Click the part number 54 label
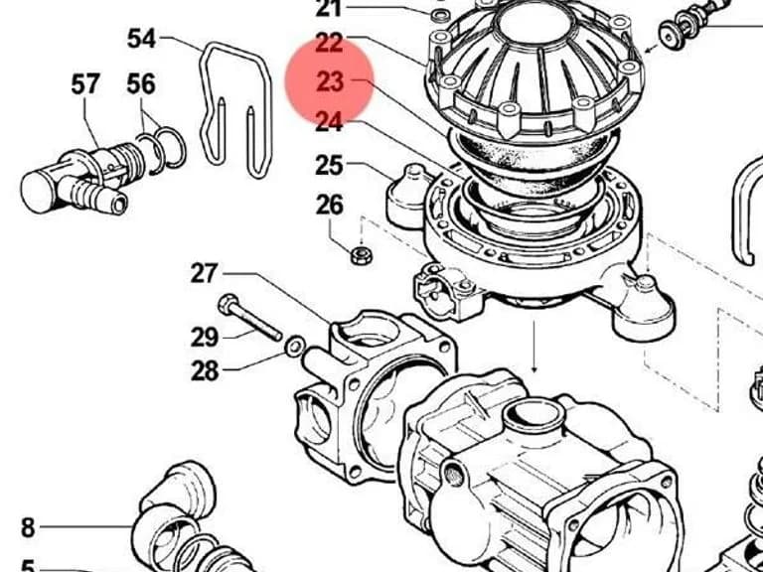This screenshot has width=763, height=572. (141, 39)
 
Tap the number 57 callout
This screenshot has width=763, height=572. (85, 84)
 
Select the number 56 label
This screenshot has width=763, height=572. (141, 84)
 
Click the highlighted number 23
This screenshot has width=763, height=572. (330, 81)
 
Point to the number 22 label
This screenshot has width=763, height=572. (330, 44)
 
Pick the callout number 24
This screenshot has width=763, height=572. (330, 121)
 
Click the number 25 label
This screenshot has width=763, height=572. (330, 165)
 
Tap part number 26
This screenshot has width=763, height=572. (330, 205)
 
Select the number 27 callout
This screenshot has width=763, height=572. (205, 273)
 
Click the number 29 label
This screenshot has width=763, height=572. (205, 337)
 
